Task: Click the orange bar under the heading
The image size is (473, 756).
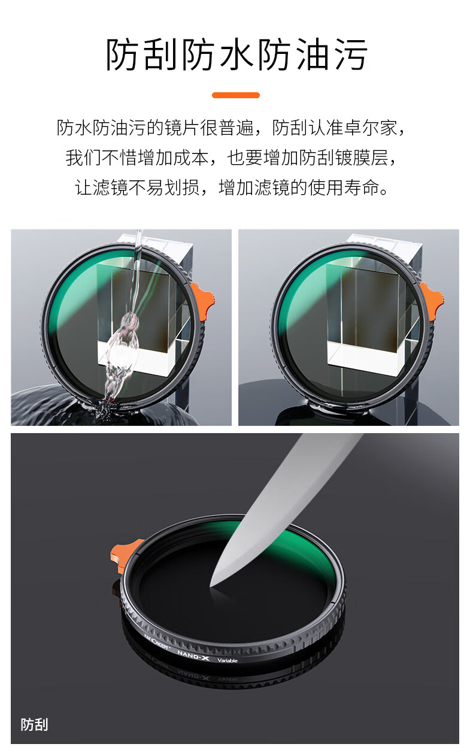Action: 235,95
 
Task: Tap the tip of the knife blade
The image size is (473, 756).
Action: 210,586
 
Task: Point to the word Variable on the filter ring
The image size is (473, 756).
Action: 228,661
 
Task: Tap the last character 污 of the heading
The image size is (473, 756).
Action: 350,55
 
